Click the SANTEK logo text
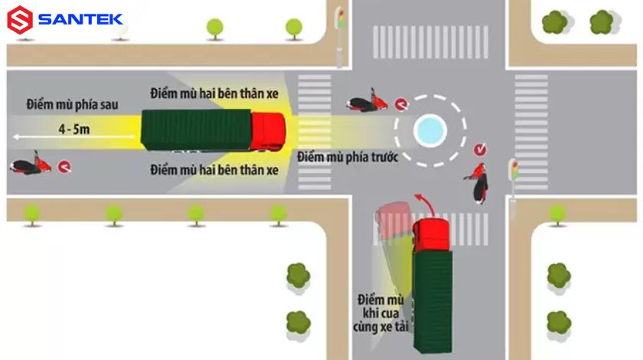(x=80, y=19)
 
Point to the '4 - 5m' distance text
(x=73, y=129)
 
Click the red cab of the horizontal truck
(x=268, y=131)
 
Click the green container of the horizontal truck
(x=196, y=131)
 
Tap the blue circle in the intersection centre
(x=429, y=130)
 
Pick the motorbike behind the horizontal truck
(x=31, y=165)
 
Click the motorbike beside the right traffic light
(x=479, y=182)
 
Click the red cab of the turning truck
(x=432, y=234)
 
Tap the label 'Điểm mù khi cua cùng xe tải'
(x=382, y=313)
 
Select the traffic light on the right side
(x=514, y=175)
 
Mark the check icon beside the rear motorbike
(x=64, y=165)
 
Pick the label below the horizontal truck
(x=214, y=169)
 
